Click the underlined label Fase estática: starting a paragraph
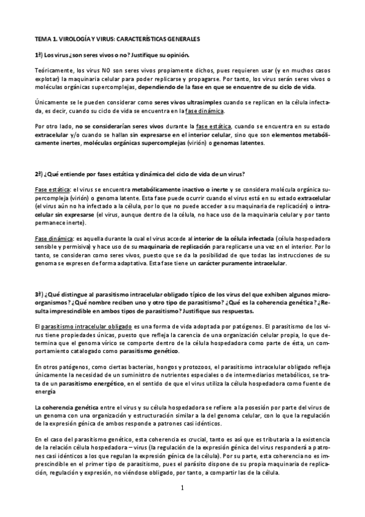tap(52, 191)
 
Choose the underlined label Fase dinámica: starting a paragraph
tap(53, 238)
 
